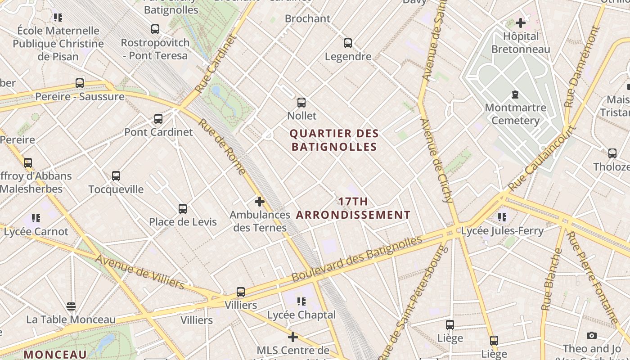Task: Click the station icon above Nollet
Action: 301,103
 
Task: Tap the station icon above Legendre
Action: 348,43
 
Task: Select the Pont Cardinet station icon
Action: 158,119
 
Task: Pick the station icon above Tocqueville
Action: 116,176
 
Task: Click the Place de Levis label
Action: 183,222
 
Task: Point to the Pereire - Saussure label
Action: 80,97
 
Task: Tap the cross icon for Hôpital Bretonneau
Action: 521,23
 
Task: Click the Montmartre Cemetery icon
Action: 515,94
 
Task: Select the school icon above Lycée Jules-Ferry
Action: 502,218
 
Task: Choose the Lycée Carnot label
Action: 36,232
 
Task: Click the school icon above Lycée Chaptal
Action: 301,301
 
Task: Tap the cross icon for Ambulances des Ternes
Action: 260,202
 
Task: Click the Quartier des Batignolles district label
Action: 334,140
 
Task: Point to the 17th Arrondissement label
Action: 353,208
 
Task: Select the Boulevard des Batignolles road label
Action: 357,259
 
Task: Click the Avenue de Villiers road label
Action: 139,272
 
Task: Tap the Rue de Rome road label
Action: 222,147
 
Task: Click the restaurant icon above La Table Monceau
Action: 71,306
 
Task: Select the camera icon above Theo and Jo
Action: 592,336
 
